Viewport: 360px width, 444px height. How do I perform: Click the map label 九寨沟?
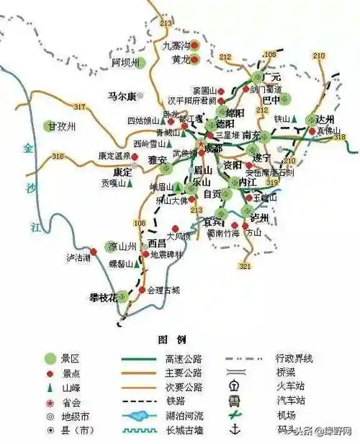(175, 45)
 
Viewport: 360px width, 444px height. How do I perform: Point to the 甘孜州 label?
(62, 126)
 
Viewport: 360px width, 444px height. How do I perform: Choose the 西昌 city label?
(158, 244)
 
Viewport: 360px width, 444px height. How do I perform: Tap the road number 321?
(245, 267)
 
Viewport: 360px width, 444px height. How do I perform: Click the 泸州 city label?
(259, 217)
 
